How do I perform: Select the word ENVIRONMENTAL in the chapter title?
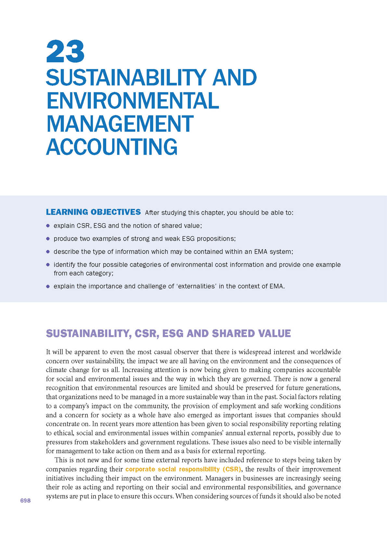(x=133, y=101)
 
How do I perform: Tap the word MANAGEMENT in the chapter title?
(x=120, y=124)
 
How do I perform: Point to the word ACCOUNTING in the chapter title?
(x=112, y=147)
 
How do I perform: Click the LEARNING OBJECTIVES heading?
(x=93, y=212)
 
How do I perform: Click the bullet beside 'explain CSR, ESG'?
(x=48, y=225)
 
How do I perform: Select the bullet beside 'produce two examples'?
(x=48, y=238)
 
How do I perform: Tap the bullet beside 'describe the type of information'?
(x=48, y=251)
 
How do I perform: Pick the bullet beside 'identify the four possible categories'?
(x=48, y=264)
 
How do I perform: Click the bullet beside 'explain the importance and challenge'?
(x=48, y=286)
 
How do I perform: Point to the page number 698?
(x=25, y=501)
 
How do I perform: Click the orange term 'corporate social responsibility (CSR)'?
(x=183, y=469)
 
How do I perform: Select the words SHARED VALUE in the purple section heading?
(x=252, y=334)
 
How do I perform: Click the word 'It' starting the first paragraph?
(x=48, y=352)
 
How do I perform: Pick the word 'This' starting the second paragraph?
(x=61, y=460)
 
